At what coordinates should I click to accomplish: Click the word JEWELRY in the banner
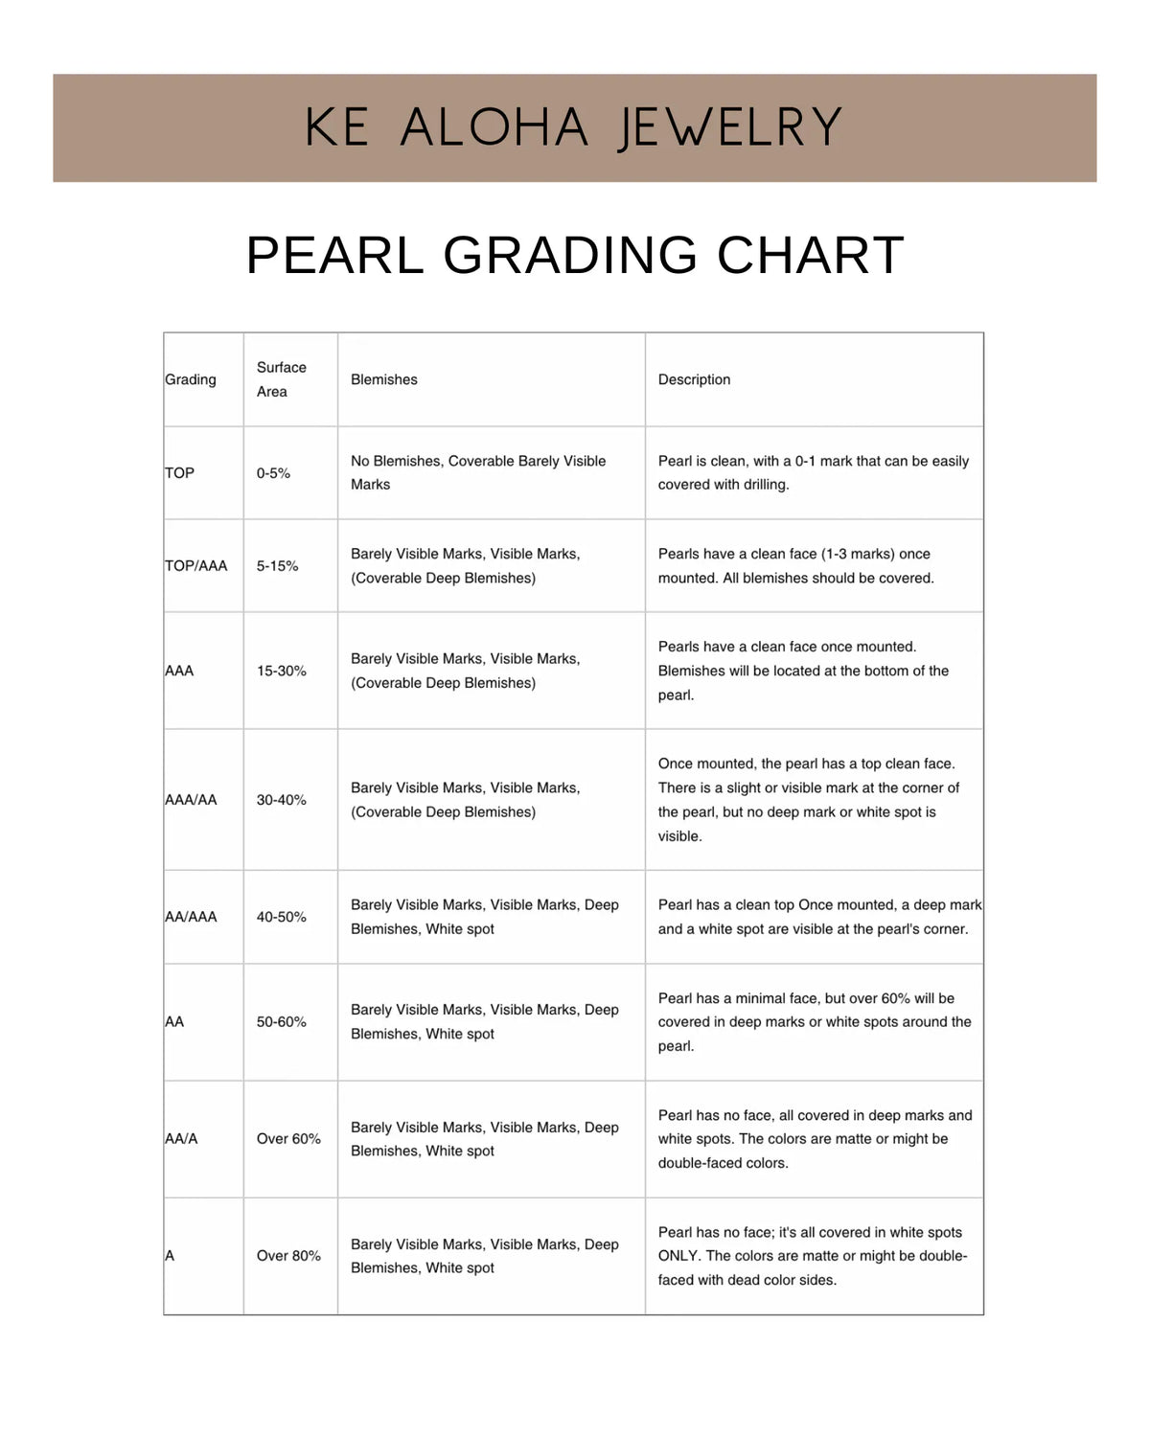click(x=730, y=128)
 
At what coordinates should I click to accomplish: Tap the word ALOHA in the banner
click(x=494, y=128)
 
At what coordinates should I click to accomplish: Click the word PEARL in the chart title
click(x=334, y=256)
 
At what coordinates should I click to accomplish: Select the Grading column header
click(x=191, y=379)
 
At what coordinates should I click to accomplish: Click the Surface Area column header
click(x=281, y=379)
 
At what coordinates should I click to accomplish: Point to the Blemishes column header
click(x=384, y=379)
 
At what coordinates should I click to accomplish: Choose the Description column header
click(x=694, y=379)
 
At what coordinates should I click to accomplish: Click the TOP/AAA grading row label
click(x=196, y=566)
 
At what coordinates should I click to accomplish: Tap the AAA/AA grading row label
click(x=192, y=800)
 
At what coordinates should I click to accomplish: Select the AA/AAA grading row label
click(x=192, y=917)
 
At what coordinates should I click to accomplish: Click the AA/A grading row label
click(x=181, y=1139)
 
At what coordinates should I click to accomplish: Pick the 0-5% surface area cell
click(x=273, y=473)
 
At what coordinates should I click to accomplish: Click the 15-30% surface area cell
click(x=281, y=671)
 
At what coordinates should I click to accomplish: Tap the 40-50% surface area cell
click(x=281, y=917)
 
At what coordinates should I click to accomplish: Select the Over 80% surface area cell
click(x=288, y=1256)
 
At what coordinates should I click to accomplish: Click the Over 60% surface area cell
click(x=288, y=1139)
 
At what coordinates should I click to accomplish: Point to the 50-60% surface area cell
click(x=281, y=1022)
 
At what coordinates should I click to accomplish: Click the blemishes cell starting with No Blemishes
click(x=478, y=472)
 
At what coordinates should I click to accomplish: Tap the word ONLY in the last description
click(x=678, y=1256)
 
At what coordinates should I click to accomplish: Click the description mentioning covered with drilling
click(x=813, y=472)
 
